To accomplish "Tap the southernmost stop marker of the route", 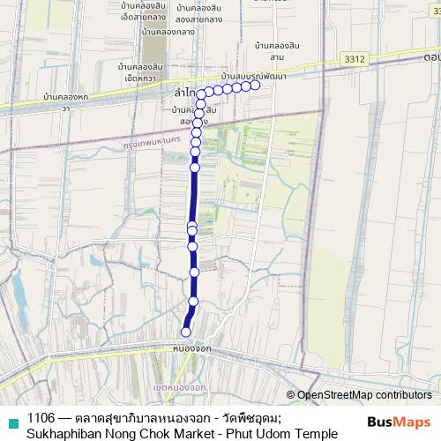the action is [185, 332].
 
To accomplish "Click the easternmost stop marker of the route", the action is [255, 86].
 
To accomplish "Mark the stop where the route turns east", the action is [202, 93].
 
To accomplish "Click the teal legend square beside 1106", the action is [10, 418].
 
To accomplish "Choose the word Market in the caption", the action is [200, 433].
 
